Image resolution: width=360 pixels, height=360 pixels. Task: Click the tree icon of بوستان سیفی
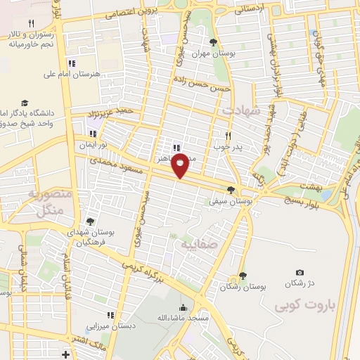click(231, 190)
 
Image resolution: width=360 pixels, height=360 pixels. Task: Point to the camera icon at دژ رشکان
click(300, 273)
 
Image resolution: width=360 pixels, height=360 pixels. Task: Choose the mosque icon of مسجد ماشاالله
click(184, 307)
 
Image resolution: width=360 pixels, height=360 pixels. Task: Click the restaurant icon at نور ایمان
click(91, 133)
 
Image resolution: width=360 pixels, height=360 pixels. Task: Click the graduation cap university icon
click(25, 102)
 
